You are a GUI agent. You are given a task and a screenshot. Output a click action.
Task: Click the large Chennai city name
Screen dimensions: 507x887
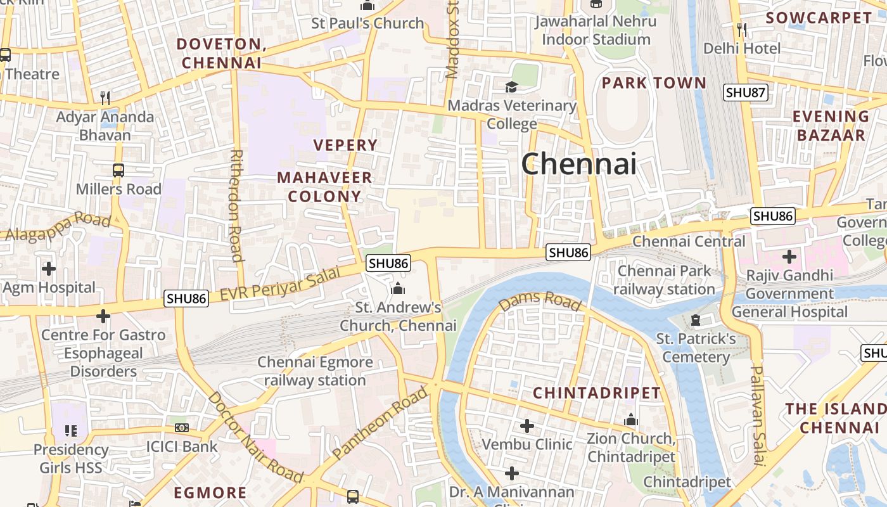click(578, 164)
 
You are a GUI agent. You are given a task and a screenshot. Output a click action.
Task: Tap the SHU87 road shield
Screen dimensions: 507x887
click(746, 93)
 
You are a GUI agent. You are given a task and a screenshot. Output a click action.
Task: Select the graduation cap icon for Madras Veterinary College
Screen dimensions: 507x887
click(511, 87)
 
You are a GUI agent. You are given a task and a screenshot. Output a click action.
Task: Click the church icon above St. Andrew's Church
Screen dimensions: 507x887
click(398, 289)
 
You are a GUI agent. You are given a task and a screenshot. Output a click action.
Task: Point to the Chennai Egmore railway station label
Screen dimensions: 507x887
click(315, 371)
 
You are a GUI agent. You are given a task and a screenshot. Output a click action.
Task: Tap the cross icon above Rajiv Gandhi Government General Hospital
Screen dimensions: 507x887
click(789, 257)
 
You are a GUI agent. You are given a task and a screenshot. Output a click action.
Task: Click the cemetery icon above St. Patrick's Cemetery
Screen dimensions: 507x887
click(696, 320)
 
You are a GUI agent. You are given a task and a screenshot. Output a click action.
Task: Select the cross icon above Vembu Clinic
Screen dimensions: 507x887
click(526, 425)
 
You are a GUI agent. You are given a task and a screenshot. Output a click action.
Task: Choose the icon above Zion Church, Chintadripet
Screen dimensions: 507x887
click(630, 420)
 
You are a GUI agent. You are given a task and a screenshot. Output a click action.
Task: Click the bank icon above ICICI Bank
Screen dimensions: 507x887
click(182, 428)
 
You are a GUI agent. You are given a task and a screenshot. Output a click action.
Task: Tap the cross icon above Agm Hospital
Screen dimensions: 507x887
click(49, 269)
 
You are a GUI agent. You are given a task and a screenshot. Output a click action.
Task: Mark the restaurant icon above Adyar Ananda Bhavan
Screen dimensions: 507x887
click(105, 98)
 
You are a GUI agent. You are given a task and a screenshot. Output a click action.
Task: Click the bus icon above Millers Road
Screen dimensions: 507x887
click(118, 170)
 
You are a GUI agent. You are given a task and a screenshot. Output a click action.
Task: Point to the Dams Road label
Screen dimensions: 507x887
click(539, 301)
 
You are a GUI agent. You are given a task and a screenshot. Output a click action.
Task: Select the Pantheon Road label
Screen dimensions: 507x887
click(380, 424)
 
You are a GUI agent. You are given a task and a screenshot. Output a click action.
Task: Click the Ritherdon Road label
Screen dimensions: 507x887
click(236, 205)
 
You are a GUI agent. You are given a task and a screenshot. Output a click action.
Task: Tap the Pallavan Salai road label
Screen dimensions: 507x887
click(758, 415)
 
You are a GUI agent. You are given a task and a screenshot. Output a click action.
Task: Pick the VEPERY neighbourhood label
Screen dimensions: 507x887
click(345, 145)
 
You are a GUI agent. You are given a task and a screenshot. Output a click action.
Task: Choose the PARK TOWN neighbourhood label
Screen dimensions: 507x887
click(653, 83)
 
